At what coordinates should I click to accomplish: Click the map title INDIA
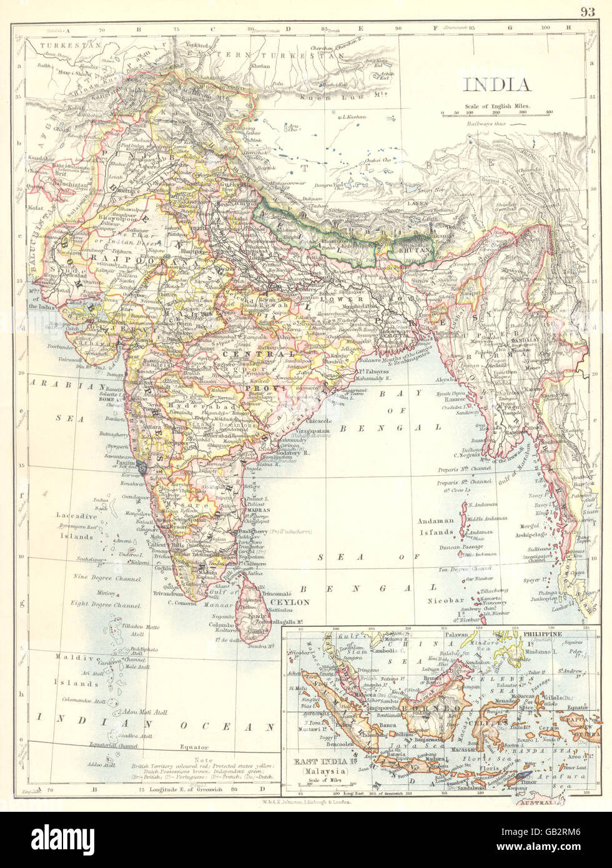point(496,85)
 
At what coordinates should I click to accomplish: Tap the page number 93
point(588,11)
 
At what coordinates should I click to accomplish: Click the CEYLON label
point(288,602)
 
